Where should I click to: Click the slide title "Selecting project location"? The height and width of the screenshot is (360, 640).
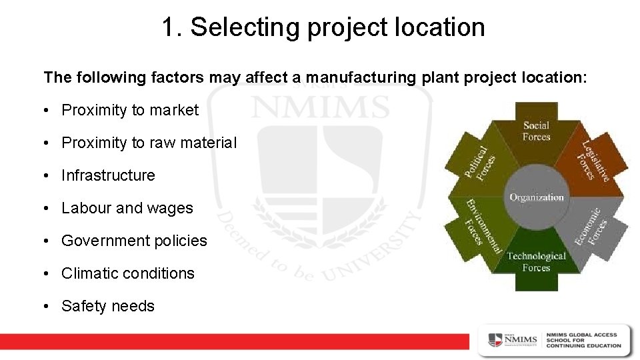[337, 27]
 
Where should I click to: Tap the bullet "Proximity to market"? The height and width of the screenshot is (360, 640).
[130, 110]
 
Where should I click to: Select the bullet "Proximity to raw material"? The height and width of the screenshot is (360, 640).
[149, 143]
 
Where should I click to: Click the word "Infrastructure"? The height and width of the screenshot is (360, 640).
[108, 175]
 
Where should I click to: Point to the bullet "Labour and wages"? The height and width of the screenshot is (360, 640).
[127, 208]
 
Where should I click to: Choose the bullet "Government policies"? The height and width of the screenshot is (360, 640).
[134, 241]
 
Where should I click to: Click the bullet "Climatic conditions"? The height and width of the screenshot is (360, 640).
[128, 273]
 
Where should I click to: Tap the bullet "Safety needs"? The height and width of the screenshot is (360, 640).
[108, 306]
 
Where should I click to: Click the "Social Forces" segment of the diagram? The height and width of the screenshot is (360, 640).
[537, 131]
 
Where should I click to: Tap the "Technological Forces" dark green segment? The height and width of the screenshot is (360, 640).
[537, 262]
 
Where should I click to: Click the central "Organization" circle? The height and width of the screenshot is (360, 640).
[537, 197]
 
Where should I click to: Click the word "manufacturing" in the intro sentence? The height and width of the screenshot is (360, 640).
[360, 77]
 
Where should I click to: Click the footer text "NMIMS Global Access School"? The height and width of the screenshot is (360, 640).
[583, 340]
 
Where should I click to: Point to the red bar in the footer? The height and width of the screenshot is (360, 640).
[233, 341]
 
